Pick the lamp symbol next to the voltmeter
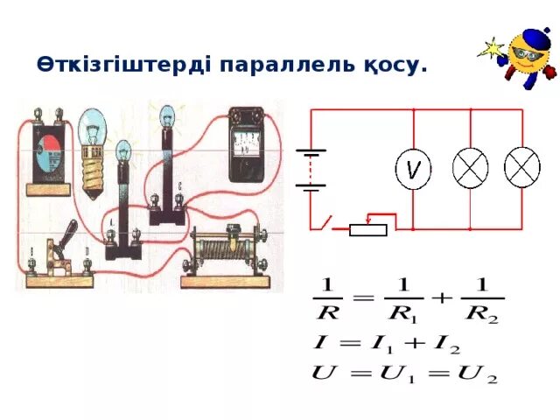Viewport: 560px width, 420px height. coord(470,168)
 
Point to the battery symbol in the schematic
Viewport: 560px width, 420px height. coord(310,168)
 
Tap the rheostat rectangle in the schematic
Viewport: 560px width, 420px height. coord(367,229)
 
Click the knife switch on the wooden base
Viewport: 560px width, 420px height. coord(60,258)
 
